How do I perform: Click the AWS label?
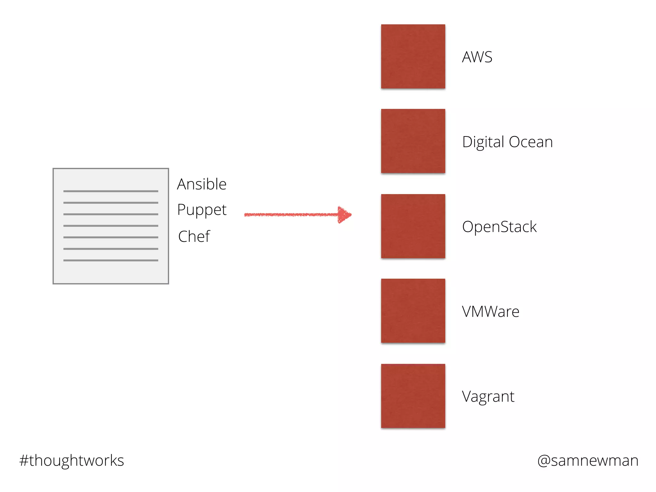(x=477, y=57)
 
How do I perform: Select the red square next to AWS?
(x=413, y=56)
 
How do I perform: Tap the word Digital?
(x=483, y=142)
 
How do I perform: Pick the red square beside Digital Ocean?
(x=413, y=141)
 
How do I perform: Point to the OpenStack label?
(x=499, y=227)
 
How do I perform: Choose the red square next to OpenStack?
(x=413, y=226)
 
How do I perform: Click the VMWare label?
(x=490, y=312)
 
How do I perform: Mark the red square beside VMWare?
(x=413, y=311)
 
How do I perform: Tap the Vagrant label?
(x=488, y=397)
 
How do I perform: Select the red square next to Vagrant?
(x=413, y=396)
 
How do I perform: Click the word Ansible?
(x=201, y=184)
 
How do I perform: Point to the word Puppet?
(x=201, y=210)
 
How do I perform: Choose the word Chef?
(x=194, y=237)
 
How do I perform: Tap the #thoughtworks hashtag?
(x=71, y=461)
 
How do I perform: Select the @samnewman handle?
(x=588, y=461)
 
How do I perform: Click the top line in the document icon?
(x=111, y=191)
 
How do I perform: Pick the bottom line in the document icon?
(x=111, y=260)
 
